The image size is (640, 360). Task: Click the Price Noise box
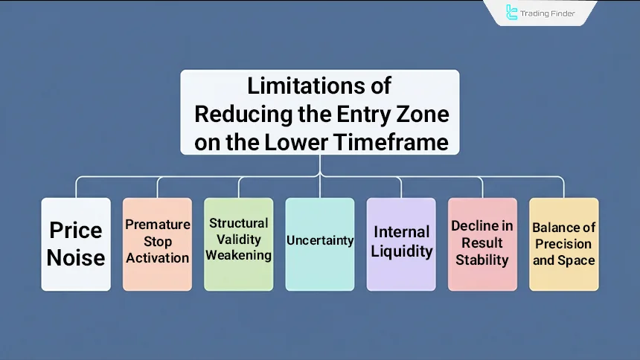(76, 244)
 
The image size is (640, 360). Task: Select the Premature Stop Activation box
(157, 244)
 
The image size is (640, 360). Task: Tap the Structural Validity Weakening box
(238, 244)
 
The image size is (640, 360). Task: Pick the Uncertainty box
(319, 244)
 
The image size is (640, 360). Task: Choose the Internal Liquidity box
(401, 244)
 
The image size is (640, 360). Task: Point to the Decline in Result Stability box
(482, 244)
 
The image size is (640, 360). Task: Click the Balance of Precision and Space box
(563, 244)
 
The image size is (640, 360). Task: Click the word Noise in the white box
(76, 257)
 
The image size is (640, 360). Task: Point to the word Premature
(157, 225)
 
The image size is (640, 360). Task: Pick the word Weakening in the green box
(238, 255)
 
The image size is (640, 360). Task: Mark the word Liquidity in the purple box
(402, 251)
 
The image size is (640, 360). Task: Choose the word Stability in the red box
(482, 260)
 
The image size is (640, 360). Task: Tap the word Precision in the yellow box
(563, 243)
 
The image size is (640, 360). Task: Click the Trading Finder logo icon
(512, 12)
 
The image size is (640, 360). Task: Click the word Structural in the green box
(238, 223)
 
